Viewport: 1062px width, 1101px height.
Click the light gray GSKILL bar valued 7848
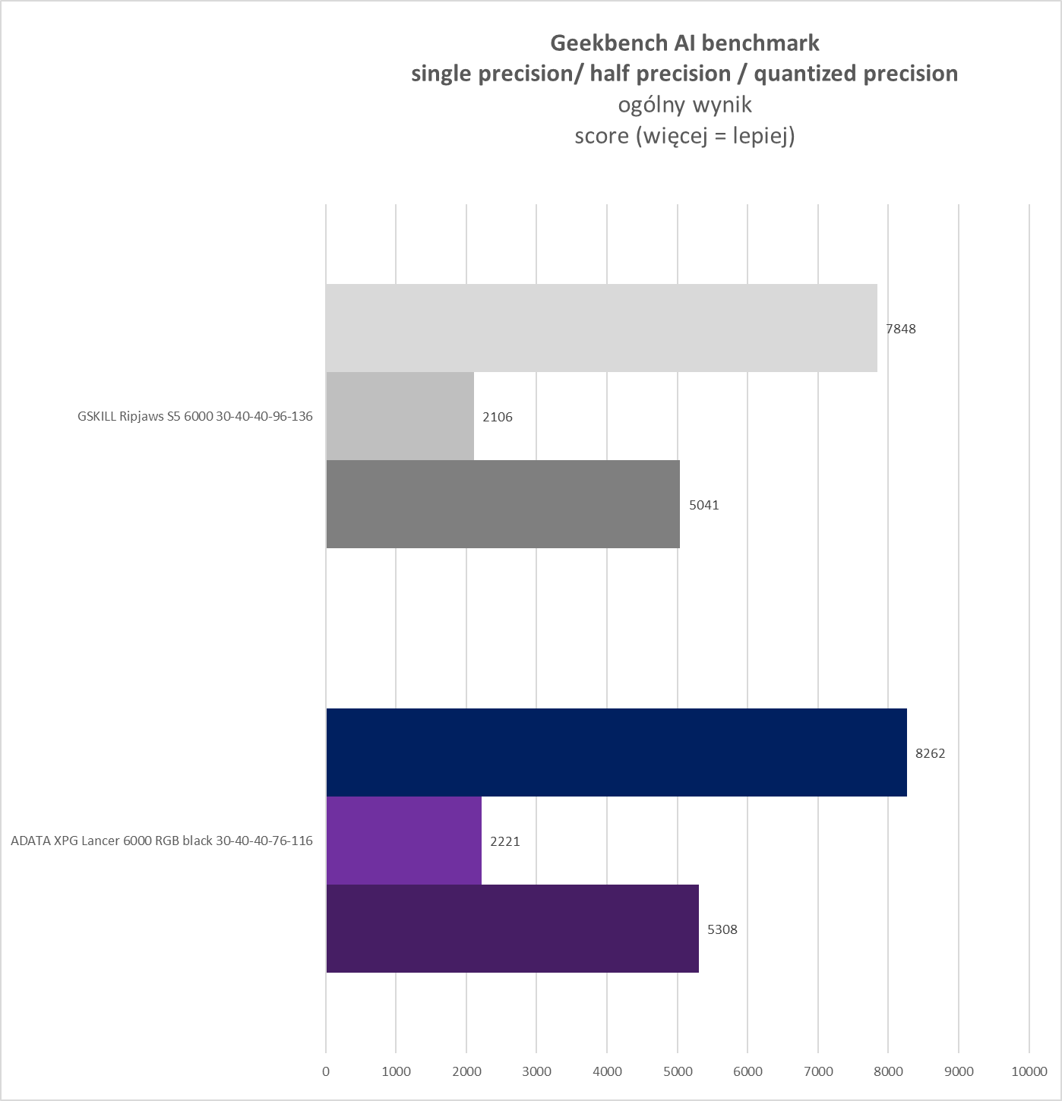601,328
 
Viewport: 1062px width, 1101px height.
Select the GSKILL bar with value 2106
400,416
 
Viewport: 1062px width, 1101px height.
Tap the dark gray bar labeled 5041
503,504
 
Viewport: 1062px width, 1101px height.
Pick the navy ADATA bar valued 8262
616,752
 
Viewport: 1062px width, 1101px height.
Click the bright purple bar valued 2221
403,841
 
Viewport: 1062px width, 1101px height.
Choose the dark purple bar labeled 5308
512,929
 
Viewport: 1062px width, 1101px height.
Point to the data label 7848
900,329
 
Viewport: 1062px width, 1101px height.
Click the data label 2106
498,417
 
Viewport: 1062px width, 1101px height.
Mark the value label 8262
931,753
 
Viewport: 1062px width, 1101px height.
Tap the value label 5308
722,929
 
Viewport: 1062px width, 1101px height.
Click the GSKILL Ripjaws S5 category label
195,417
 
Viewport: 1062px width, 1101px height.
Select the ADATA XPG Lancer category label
162,841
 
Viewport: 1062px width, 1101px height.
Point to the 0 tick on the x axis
326,1071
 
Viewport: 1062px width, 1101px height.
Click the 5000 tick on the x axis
678,1071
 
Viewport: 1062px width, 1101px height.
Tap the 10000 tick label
1029,1071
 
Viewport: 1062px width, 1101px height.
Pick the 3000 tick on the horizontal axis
537,1071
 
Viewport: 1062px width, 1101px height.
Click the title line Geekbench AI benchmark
684,43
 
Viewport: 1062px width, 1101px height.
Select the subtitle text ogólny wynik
684,104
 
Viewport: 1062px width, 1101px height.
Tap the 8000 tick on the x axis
888,1071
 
